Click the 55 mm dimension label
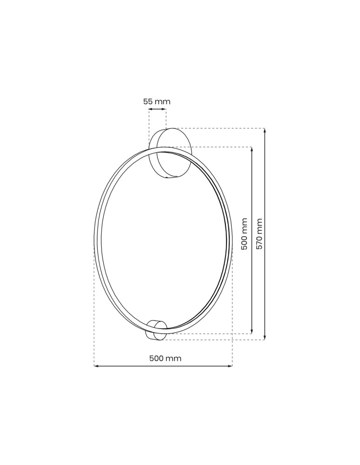click(157, 101)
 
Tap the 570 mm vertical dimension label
click(260, 234)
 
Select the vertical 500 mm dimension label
click(245, 234)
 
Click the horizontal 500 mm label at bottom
click(165, 359)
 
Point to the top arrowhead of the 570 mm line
click(265, 131)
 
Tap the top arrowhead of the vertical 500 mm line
click(252, 149)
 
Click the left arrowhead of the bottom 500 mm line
click(96, 366)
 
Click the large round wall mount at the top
click(174, 153)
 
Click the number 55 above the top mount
click(148, 101)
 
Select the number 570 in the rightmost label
click(260, 241)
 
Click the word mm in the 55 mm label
click(163, 101)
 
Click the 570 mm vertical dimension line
click(265, 288)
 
